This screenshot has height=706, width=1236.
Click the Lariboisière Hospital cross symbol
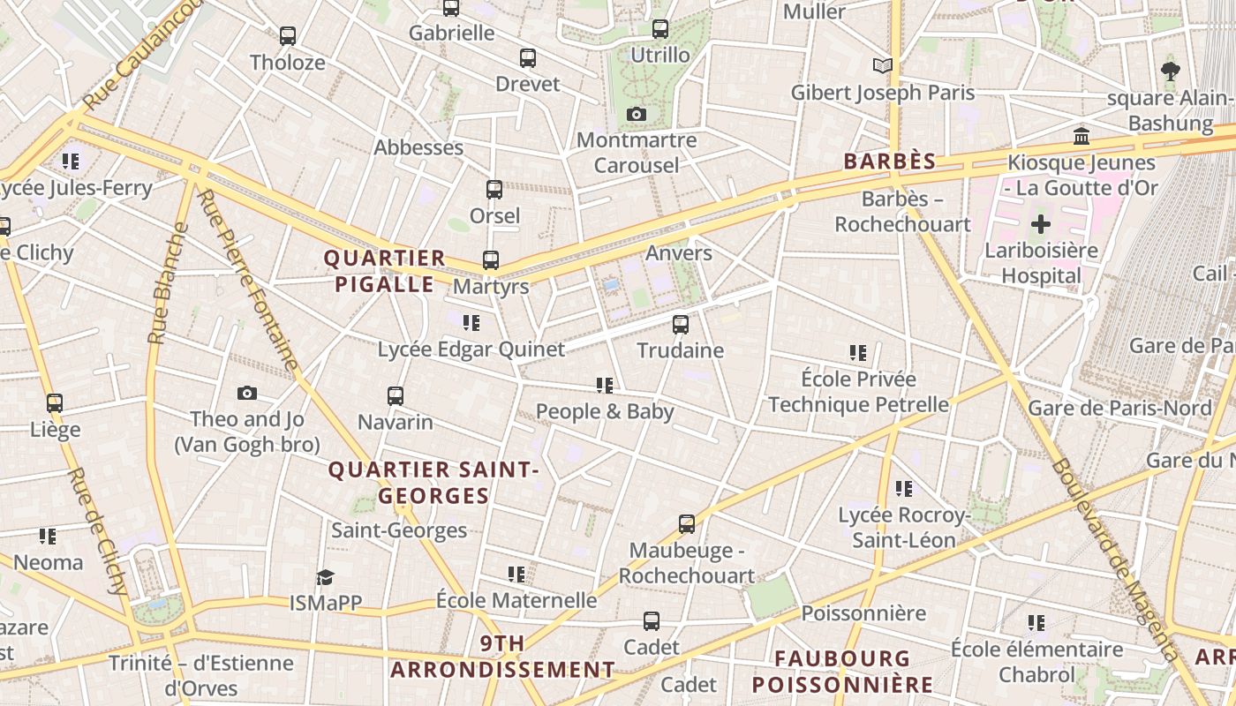tap(1041, 224)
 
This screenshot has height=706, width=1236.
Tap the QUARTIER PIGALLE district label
tap(385, 271)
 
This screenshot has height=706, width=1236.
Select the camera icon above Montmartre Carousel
tap(636, 115)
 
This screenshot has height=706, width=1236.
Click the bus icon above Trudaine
tap(680, 325)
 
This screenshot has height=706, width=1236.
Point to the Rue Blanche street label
tap(169, 283)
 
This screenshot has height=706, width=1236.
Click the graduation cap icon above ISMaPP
tap(325, 578)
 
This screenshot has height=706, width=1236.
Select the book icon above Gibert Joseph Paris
tap(882, 65)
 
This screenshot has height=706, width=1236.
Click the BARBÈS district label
tap(889, 161)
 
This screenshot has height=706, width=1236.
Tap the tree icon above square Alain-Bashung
tap(1171, 71)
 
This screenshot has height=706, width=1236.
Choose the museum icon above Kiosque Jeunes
tap(1081, 137)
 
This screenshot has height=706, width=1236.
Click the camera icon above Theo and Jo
tap(247, 394)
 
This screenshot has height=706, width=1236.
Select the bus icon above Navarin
tap(395, 396)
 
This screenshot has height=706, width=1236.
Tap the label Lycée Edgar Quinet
tap(471, 349)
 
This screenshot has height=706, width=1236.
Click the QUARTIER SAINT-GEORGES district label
tap(433, 483)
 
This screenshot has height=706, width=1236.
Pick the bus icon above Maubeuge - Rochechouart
tap(686, 524)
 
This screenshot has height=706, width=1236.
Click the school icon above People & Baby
tap(605, 385)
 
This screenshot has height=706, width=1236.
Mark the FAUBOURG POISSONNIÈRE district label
tap(842, 672)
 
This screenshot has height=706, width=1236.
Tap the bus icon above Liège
tap(55, 403)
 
